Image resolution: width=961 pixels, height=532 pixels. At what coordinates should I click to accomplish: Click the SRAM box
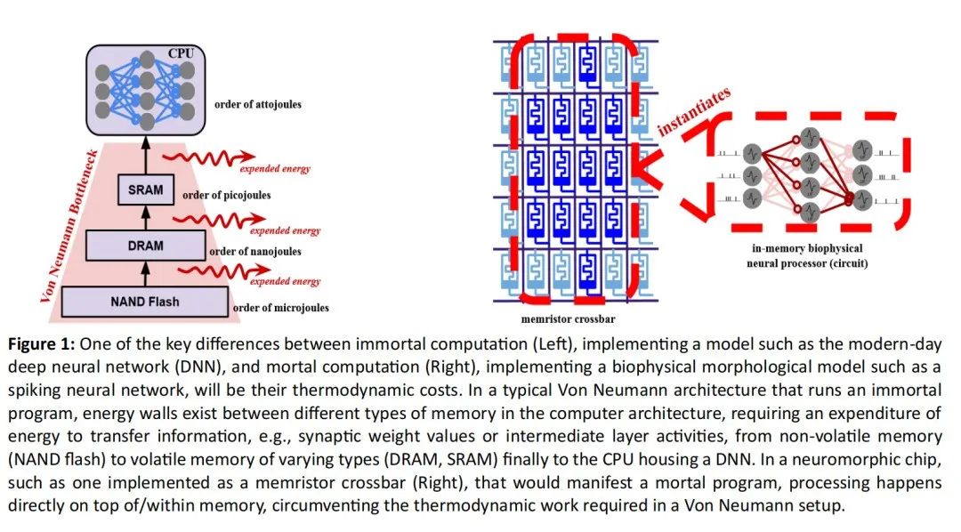click(x=145, y=189)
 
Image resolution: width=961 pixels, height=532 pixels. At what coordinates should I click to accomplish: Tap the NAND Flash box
click(x=145, y=302)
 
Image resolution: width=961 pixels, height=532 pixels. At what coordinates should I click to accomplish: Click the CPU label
click(x=189, y=53)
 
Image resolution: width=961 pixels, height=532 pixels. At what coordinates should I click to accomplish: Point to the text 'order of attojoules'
click(x=258, y=104)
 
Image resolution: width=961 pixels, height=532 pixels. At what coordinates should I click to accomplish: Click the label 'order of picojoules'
click(x=228, y=195)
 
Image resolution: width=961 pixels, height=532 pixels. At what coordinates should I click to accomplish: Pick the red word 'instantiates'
click(x=694, y=110)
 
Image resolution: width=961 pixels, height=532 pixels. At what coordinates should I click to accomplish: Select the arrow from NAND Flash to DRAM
click(x=145, y=273)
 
